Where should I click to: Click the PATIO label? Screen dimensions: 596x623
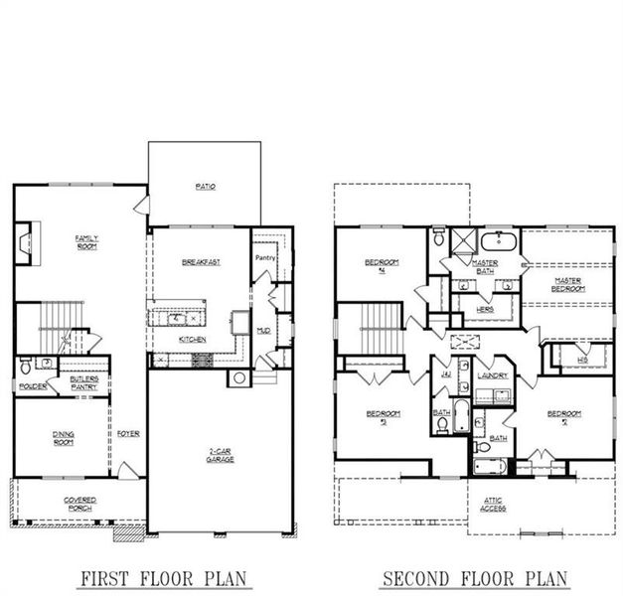[206, 186]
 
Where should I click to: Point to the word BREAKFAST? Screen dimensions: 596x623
[201, 261]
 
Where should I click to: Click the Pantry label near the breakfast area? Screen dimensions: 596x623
[264, 258]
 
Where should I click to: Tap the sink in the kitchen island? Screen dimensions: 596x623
[179, 319]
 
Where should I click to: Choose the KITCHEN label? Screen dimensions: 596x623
[193, 339]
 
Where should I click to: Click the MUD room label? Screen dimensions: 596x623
[264, 330]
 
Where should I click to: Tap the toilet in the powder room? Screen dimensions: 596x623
[27, 368]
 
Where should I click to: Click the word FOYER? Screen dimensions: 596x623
[128, 433]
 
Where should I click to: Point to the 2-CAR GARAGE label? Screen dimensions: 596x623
[220, 456]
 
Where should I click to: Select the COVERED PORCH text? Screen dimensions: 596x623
[79, 504]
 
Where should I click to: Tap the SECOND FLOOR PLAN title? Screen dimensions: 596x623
[474, 577]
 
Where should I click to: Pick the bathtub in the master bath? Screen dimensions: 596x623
[498, 241]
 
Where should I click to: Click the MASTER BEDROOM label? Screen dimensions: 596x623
[567, 284]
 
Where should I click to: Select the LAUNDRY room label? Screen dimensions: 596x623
[492, 375]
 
